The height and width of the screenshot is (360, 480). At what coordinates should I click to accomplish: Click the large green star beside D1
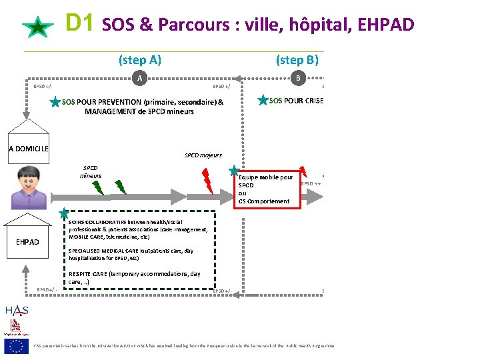click(x=38, y=28)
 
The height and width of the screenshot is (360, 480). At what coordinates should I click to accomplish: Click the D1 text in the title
click(x=81, y=24)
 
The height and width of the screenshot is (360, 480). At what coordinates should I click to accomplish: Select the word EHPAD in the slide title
click(x=386, y=25)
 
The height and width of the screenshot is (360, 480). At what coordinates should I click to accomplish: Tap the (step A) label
click(x=140, y=60)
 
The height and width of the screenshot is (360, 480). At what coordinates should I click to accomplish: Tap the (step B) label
click(x=297, y=60)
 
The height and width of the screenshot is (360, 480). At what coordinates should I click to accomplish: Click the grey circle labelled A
click(x=139, y=78)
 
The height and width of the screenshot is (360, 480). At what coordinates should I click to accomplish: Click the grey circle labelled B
click(x=298, y=78)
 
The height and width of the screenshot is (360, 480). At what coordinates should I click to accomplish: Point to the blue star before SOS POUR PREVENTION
click(x=55, y=103)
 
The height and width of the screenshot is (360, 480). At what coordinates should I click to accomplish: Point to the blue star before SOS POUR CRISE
click(x=263, y=100)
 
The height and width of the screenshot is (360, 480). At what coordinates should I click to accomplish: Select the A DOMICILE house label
click(x=29, y=148)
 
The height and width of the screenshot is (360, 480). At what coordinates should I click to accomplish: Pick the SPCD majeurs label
click(x=203, y=155)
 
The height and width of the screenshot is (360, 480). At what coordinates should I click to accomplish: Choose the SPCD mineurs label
click(x=90, y=172)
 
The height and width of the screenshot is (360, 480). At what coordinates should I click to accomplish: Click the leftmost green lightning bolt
click(x=97, y=187)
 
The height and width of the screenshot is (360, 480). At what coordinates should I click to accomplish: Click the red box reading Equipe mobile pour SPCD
click(x=267, y=189)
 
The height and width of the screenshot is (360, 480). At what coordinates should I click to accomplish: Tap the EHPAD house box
click(x=28, y=241)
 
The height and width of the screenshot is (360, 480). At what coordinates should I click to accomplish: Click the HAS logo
click(x=16, y=310)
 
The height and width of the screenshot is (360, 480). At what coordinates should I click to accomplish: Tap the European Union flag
click(x=16, y=345)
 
